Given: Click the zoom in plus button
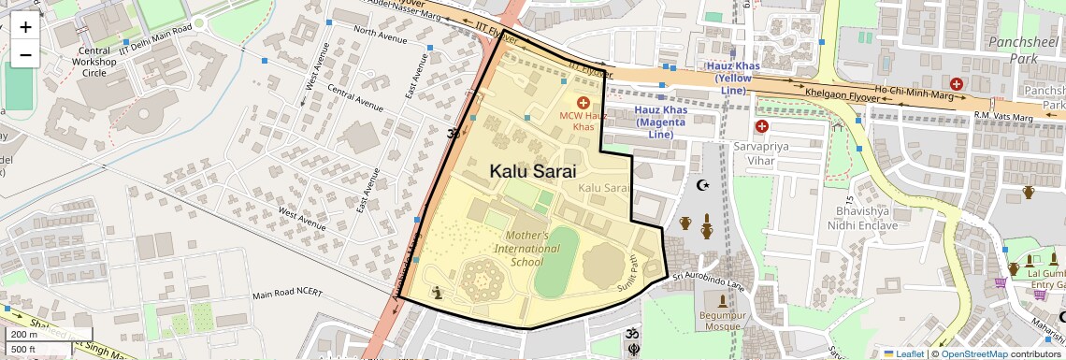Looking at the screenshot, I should pyautogui.click(x=25, y=26).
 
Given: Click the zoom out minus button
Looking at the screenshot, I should pyautogui.click(x=25, y=54).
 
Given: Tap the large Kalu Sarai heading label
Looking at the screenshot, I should pyautogui.click(x=532, y=171).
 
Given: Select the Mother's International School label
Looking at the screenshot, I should pyautogui.click(x=534, y=249).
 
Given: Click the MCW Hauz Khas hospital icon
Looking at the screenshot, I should pyautogui.click(x=583, y=101).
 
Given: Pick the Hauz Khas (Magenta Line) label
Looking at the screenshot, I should pyautogui.click(x=661, y=122).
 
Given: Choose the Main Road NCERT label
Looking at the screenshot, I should pyautogui.click(x=287, y=294).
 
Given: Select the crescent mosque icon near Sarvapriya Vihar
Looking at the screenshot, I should pyautogui.click(x=704, y=185).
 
